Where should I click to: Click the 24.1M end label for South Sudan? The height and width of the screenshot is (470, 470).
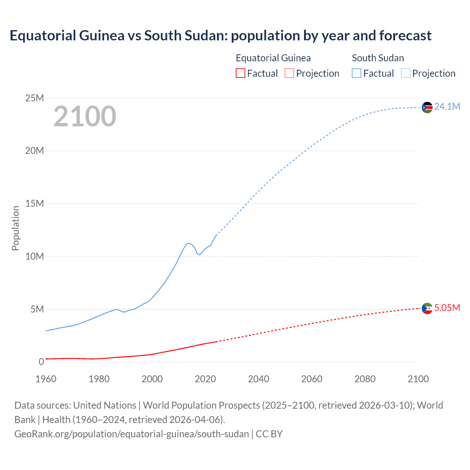(x=447, y=106)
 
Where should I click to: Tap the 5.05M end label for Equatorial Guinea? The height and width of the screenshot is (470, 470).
(x=447, y=308)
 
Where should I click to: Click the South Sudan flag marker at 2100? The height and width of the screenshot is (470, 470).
(x=427, y=108)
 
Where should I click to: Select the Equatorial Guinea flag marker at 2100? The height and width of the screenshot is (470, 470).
(x=427, y=309)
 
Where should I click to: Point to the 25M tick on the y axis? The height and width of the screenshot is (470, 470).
(x=35, y=98)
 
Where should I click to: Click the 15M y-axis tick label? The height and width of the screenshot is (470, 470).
(x=35, y=203)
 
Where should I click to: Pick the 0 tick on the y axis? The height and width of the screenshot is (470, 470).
(x=41, y=362)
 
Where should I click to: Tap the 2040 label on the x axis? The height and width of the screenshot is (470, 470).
(x=258, y=379)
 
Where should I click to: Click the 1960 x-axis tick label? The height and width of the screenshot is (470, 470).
(x=46, y=379)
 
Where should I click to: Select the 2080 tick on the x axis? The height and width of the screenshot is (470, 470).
(x=365, y=379)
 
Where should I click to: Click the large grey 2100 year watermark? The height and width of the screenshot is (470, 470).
(x=85, y=116)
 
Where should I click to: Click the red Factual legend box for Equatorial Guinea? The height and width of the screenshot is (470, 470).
(x=241, y=73)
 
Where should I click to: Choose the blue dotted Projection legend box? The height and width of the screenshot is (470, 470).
(x=406, y=73)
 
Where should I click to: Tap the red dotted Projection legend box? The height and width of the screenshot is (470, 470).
(x=289, y=73)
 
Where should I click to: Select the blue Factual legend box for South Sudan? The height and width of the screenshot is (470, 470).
(x=357, y=73)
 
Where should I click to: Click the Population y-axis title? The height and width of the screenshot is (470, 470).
(x=15, y=228)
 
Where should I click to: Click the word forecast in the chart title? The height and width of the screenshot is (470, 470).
(x=405, y=36)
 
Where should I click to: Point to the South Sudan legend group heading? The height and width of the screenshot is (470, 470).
(x=378, y=58)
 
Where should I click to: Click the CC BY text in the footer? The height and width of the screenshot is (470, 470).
(x=269, y=434)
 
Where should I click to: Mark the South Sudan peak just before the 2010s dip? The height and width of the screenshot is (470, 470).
(x=189, y=243)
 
